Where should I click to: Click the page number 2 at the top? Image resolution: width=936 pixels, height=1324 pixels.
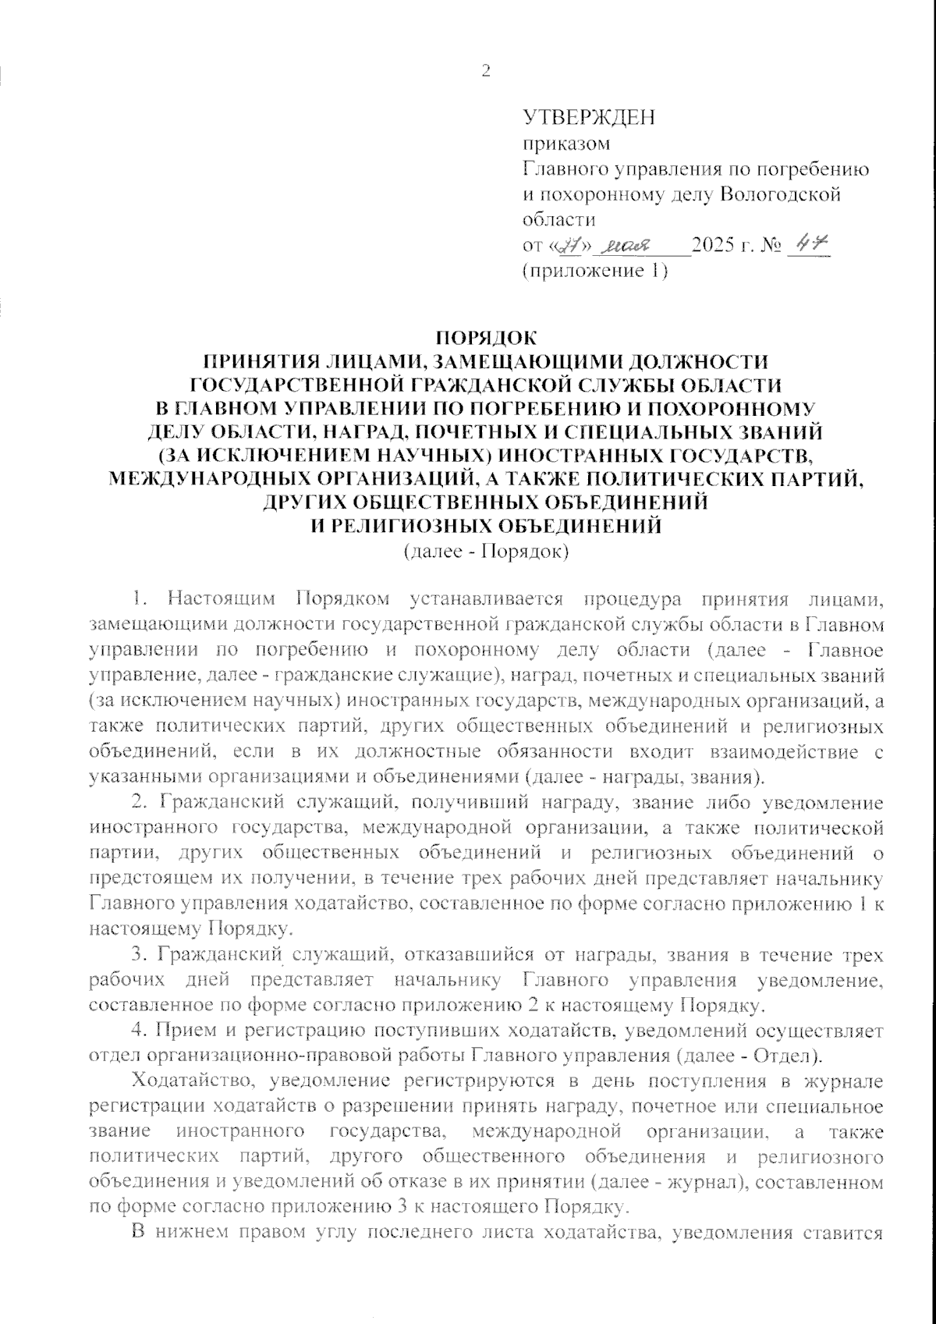487,71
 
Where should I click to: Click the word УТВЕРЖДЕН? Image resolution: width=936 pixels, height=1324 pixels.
589,117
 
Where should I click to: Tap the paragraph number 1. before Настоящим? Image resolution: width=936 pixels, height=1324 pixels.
140,600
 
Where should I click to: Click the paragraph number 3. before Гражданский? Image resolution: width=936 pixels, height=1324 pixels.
140,956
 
